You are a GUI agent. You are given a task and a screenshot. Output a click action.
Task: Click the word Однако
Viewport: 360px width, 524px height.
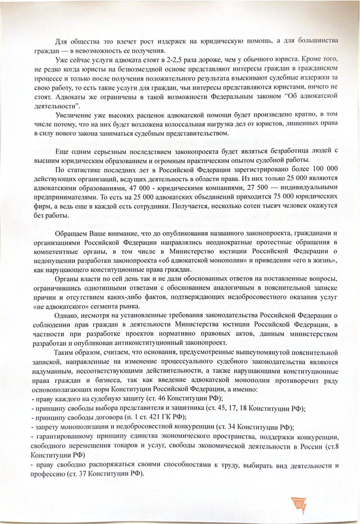pyautogui.click(x=67, y=314)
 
